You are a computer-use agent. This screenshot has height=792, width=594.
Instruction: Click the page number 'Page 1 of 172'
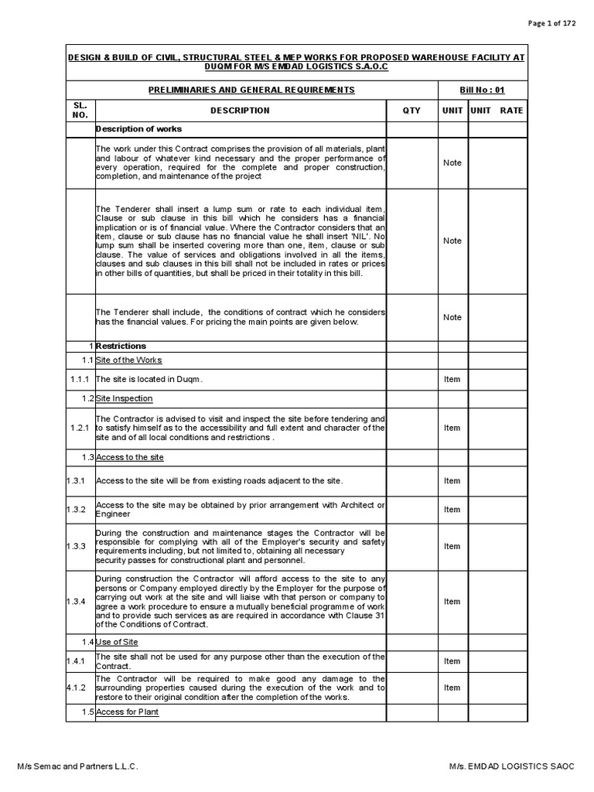coord(551,23)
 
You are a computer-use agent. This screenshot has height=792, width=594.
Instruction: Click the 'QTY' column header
coord(411,111)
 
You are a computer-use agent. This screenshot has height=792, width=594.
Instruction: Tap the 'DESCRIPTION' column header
coord(240,111)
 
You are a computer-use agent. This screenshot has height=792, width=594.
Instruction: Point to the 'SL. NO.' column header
coord(80,110)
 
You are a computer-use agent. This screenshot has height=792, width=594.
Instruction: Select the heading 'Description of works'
coord(138,128)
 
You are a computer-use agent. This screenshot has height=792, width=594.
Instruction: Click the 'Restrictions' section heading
coord(121,346)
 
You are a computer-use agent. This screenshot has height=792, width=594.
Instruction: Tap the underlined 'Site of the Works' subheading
coord(129,360)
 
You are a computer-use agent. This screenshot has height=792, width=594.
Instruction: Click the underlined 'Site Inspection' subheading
coord(125,398)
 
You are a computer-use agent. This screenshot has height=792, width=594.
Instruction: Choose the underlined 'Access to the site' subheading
coord(130,457)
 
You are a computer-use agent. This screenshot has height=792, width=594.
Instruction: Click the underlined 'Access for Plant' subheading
coord(128,712)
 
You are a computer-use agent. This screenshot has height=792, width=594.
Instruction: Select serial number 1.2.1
coord(80,428)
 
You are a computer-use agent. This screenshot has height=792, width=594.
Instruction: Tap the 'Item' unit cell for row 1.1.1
coord(452,379)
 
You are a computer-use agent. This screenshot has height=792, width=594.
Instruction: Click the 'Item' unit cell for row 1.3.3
coord(452,546)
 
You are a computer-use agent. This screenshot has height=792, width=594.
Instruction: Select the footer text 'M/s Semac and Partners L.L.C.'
coord(78,766)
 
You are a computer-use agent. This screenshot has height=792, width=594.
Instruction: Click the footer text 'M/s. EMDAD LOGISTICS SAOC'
coord(512,766)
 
